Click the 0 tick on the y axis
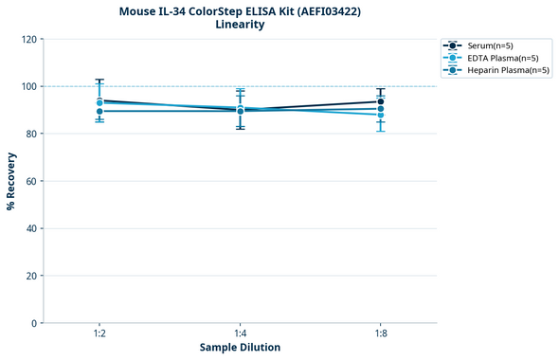34,323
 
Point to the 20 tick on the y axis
31,276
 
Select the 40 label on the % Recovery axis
31,228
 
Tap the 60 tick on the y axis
31,181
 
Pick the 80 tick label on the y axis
31,134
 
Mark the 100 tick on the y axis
28,86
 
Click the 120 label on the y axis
28,39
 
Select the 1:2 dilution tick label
99,333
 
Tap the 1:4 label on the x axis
240,333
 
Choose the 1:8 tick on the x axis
381,333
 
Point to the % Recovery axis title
11,181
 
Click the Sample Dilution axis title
240,348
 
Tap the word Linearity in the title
240,25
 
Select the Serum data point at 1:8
381,101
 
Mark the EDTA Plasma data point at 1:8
381,115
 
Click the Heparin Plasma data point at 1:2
99,111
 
